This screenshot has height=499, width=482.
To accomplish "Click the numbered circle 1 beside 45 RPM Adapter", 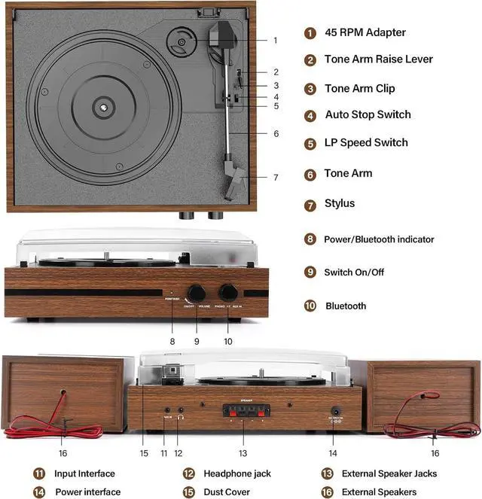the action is coord(310,32).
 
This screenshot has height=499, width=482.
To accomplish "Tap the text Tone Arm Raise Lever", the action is coord(379,59).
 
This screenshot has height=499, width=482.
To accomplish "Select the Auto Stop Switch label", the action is coord(368,115).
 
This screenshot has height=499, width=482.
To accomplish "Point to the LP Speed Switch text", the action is coord(366,143).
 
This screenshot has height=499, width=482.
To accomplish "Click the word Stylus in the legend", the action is coord(340,204).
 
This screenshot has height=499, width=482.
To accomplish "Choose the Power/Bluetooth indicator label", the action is coord(379,239).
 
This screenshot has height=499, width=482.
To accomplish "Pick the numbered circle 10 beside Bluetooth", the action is coord(310,306).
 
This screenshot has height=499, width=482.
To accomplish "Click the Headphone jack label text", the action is coord(237,474).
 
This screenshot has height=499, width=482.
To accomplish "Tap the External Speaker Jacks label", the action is coord(389,474).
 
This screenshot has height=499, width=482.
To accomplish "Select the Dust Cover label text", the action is coord(227,492).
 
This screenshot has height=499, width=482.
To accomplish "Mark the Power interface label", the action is coord(87,492).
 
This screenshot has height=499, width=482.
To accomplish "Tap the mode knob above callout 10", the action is coord(228,292).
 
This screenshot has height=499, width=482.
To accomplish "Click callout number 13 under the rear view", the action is coord(243,453).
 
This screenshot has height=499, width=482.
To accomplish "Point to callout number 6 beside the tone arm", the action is coord(276,134).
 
